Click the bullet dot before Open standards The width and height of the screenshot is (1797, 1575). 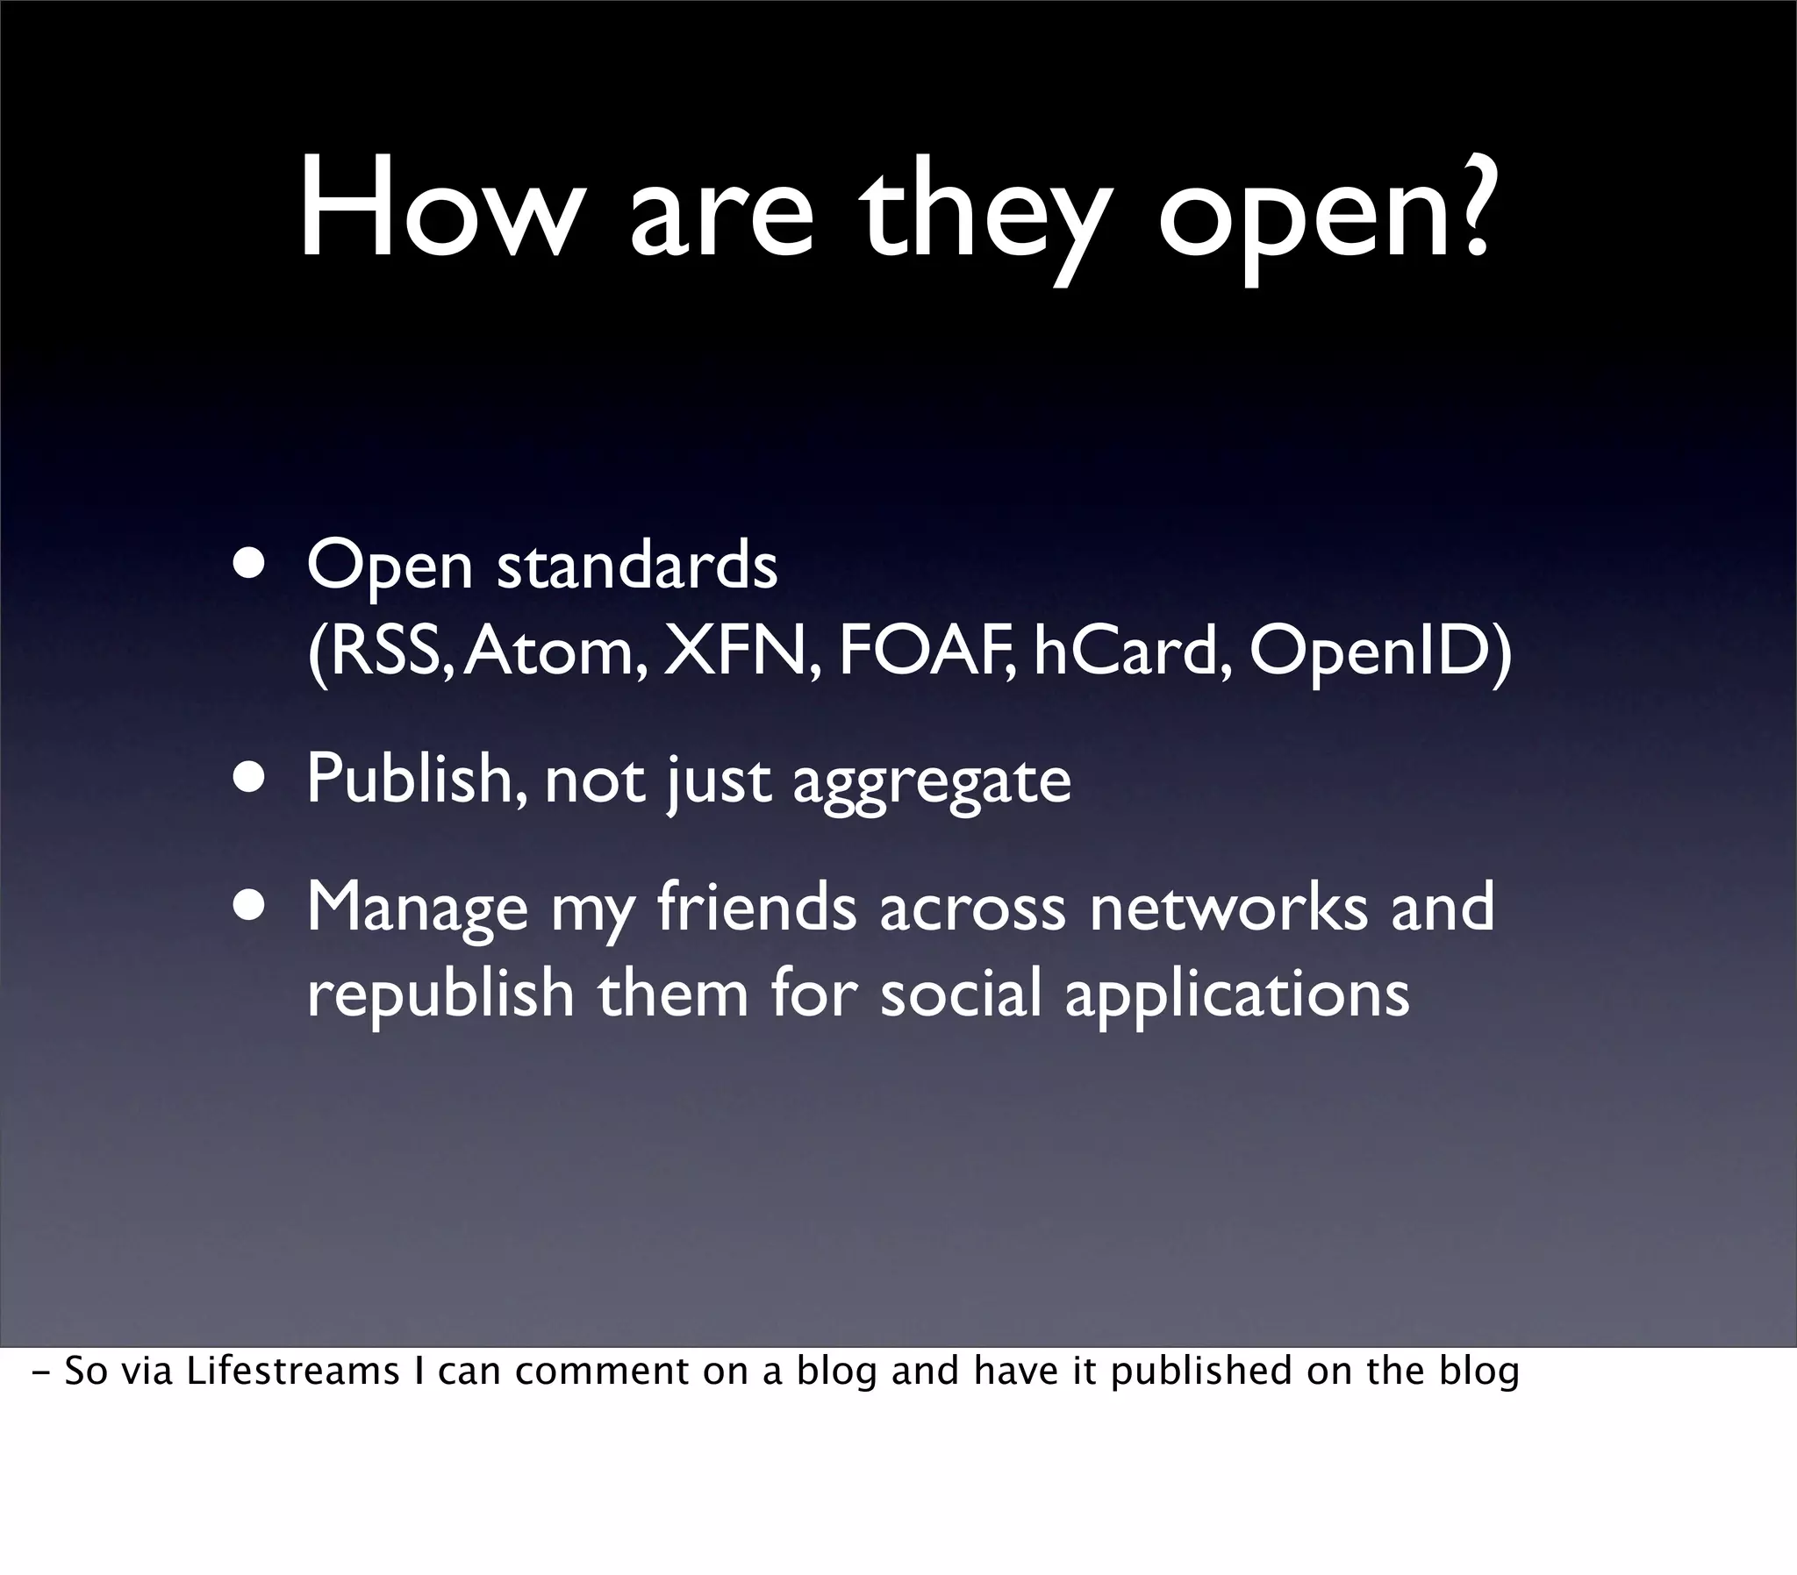249,563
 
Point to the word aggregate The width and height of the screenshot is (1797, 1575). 932,782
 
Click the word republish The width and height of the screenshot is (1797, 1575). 440,994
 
